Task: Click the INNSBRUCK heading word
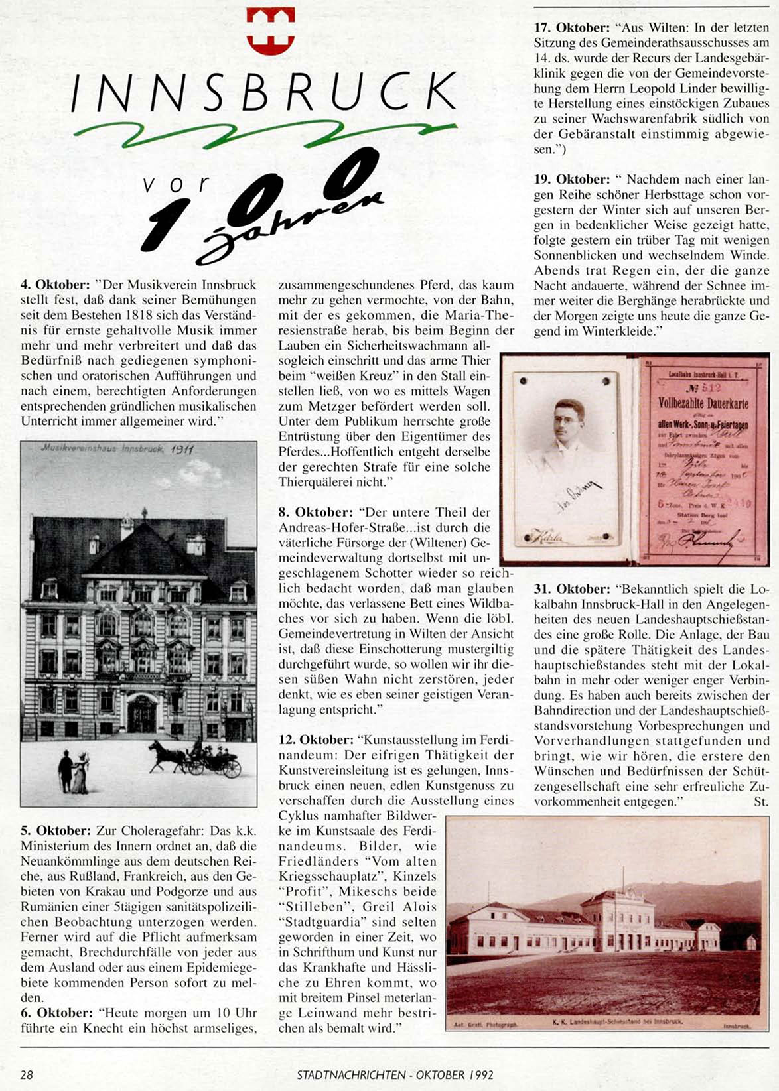(263, 92)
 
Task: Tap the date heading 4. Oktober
(55, 285)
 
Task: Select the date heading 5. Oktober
(56, 831)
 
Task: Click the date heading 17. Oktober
(572, 28)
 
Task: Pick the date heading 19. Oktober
(572, 180)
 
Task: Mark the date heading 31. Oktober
(572, 590)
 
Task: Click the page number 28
(27, 1075)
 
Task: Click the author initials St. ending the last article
(761, 802)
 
